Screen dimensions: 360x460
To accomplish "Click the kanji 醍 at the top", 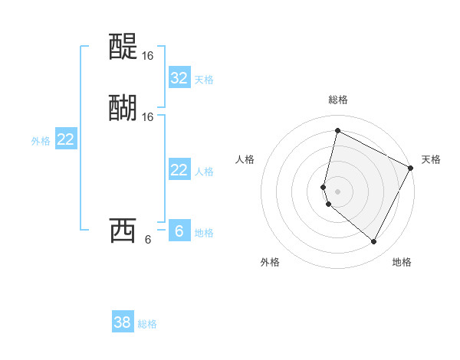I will (x=123, y=47).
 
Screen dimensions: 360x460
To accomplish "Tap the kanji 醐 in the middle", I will (x=123, y=108).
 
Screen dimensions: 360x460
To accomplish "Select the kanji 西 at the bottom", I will (x=123, y=230).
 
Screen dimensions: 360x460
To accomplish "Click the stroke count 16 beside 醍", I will (x=147, y=56).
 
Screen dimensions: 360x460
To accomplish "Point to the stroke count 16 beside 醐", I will (x=147, y=116).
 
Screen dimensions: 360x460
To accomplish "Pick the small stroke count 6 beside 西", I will (x=148, y=239).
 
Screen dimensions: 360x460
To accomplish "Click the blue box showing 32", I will (x=179, y=78).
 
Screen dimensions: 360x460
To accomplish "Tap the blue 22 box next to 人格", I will (x=179, y=170).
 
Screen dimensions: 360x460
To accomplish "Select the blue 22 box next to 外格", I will (x=66, y=139).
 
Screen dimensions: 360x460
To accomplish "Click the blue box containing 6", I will (x=179, y=231).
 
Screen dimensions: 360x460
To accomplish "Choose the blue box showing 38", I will (x=123, y=322).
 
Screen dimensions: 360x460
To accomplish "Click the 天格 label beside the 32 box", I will (x=204, y=80).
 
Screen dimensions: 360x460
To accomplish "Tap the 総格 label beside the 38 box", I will (x=147, y=324).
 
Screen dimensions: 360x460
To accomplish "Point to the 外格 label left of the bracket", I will (x=41, y=141).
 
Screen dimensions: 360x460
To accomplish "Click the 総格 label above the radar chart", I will (x=338, y=100).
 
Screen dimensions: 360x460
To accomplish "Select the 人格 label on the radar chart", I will (x=245, y=159).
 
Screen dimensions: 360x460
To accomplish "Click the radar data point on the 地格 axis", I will (x=373, y=241).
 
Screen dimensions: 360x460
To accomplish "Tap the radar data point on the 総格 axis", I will (x=337, y=131).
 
